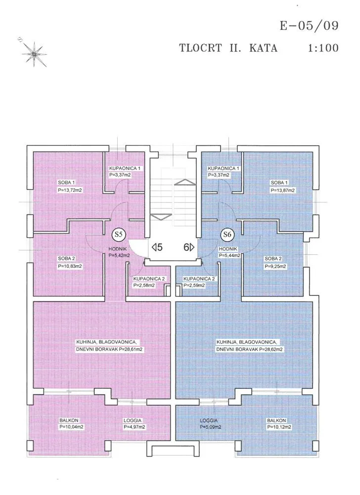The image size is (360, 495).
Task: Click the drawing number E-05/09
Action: coord(309,26)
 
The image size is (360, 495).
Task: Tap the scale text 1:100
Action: coord(323,48)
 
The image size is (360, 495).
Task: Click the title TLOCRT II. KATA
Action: coord(228,48)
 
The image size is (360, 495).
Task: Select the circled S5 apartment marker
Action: coord(119,235)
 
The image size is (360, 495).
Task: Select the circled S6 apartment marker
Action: coord(227,235)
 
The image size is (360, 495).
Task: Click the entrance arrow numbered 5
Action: coord(157,247)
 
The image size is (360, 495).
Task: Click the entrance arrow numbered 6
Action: coord(189,247)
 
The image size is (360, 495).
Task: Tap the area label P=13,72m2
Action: coord(70,190)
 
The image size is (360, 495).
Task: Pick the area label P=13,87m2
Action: coord(282,190)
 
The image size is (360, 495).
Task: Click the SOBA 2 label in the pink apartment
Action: coord(66,258)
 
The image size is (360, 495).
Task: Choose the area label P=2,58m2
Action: coord(144,286)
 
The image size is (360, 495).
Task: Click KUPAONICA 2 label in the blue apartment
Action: coord(199,279)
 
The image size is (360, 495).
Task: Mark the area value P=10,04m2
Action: coord(71,427)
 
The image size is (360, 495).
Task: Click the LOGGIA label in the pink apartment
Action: coord(133,420)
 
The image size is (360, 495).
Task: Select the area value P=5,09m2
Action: coord(211,427)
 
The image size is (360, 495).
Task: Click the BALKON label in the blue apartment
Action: coord(276,420)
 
